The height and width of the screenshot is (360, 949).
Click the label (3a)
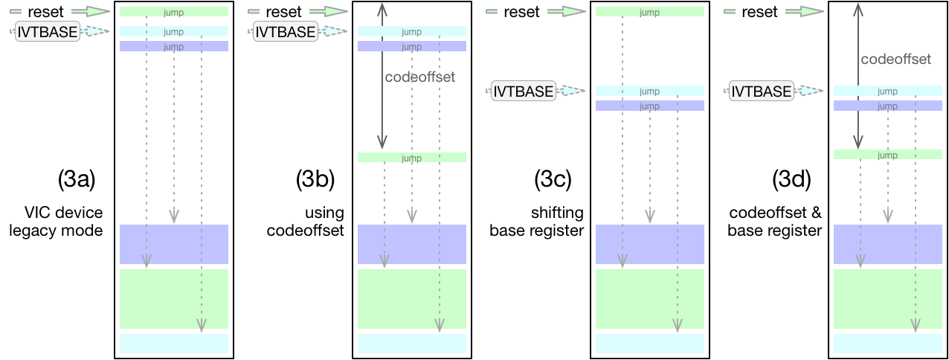coord(77,179)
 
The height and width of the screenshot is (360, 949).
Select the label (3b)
coord(315,179)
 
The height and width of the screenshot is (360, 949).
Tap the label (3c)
coord(553,179)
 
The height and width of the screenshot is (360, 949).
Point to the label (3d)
coord(791,179)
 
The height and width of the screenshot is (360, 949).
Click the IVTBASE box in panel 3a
coord(48,31)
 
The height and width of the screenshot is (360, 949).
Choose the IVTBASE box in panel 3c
coord(524,91)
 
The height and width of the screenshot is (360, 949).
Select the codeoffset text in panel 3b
coord(419,77)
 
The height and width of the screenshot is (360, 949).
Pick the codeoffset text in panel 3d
coord(895,59)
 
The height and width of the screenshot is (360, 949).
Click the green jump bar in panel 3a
coord(173,12)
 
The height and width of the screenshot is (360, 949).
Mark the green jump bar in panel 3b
coord(411,158)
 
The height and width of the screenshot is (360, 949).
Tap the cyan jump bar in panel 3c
coord(649,91)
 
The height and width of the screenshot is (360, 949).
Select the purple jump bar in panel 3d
coord(887,106)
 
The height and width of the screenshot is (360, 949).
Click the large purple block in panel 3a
coord(173,244)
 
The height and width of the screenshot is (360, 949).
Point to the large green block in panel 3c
coord(649,299)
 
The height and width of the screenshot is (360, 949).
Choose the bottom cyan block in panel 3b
coord(411,344)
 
